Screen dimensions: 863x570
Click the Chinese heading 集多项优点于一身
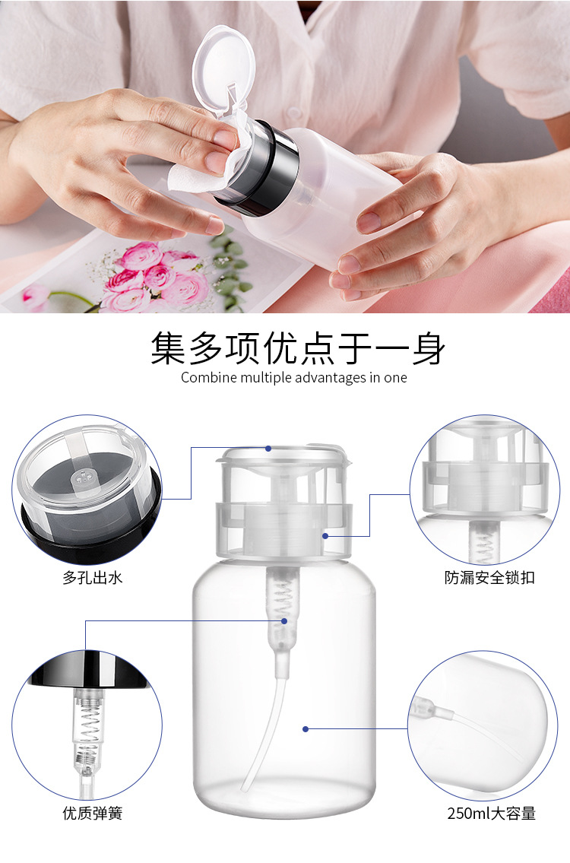pos(297,348)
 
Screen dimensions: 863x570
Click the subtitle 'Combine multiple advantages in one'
pos(293,378)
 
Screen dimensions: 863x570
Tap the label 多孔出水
pos(92,578)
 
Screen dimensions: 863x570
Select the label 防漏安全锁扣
pos(489,578)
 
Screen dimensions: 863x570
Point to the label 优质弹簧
pos(92,814)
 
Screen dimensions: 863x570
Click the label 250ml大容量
pos(491,814)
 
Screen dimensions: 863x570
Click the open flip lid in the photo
pos(222,69)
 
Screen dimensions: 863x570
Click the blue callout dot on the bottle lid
pos(268,449)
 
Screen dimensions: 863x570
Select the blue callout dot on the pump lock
pos(325,535)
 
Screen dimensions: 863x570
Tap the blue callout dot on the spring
pos(284,620)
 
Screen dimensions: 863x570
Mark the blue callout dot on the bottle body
pos(306,728)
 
